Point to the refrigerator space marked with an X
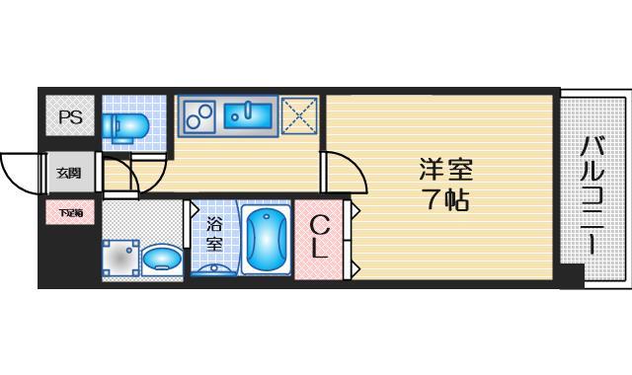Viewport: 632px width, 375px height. (300, 116)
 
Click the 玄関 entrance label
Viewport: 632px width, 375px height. (69, 174)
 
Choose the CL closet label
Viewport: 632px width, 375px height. (319, 239)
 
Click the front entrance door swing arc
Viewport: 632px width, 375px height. (20, 173)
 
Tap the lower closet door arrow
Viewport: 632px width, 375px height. (355, 265)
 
